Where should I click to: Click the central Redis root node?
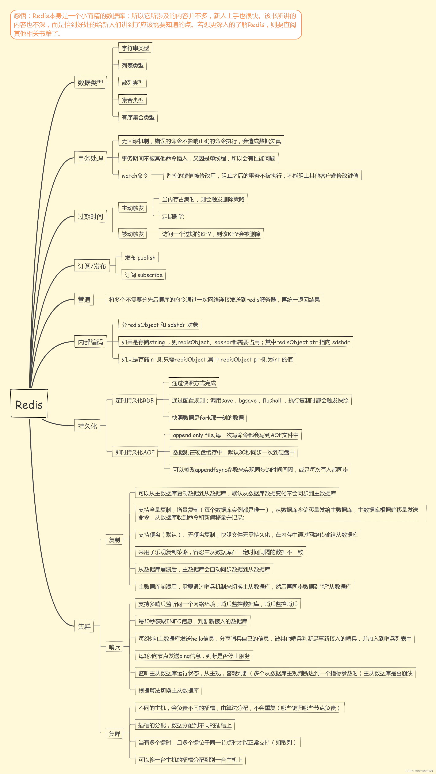coord(29,404)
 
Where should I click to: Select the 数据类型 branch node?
coord(90,83)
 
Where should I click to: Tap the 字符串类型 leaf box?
coord(135,48)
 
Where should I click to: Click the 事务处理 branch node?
coord(90,158)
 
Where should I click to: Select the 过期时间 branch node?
coord(90,216)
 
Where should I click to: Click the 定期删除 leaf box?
coord(173,216)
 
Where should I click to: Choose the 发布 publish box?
coord(140,257)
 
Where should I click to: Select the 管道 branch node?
coord(84,299)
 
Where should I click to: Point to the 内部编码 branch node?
coord(90,342)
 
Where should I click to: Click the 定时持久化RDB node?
coord(134,400)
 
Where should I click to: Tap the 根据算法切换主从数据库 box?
coord(168,690)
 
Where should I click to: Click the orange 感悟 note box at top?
coord(156,25)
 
